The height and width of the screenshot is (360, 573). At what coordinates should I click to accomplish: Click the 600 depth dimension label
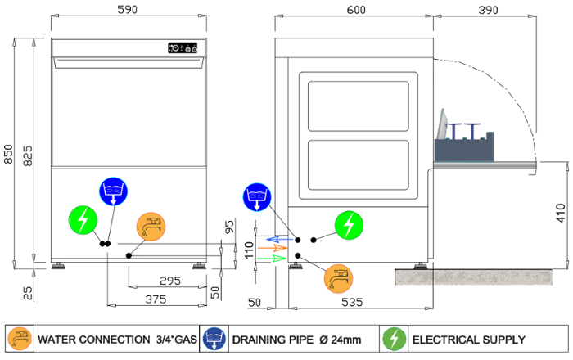(x=356, y=9)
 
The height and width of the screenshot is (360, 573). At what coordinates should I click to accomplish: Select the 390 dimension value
(x=487, y=9)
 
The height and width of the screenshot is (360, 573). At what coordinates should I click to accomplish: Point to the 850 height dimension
(x=9, y=155)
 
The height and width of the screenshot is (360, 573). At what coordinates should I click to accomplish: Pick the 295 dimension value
(x=169, y=281)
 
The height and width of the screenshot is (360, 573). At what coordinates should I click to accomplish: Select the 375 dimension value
(x=155, y=299)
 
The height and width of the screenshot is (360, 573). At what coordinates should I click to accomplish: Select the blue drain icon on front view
(x=114, y=191)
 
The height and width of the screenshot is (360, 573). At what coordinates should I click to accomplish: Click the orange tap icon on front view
(x=151, y=227)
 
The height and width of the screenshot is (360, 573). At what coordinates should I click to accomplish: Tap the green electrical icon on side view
(x=350, y=223)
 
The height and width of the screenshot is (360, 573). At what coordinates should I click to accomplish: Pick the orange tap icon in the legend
(x=19, y=339)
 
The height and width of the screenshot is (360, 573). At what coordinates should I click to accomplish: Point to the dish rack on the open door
(x=464, y=145)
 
